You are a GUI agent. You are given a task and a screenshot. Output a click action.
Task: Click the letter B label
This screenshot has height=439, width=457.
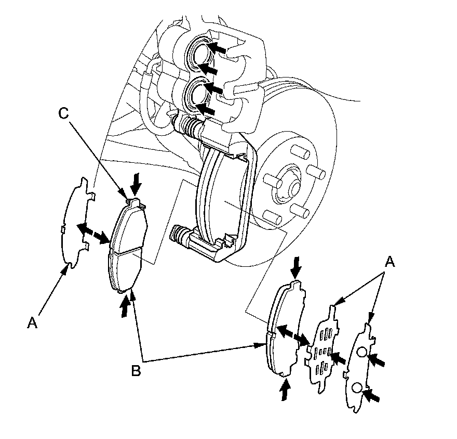click(136, 370)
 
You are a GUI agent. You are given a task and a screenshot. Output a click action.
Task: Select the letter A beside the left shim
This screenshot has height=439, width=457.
click(32, 323)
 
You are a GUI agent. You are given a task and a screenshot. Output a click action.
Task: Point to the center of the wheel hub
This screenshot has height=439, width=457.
click(287, 188)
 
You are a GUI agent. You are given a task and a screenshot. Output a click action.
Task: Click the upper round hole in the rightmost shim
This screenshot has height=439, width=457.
click(362, 353)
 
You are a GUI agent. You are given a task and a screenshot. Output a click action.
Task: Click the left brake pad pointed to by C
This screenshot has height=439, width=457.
click(127, 244)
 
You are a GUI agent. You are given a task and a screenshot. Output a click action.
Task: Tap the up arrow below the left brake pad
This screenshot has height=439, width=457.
click(124, 306)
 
